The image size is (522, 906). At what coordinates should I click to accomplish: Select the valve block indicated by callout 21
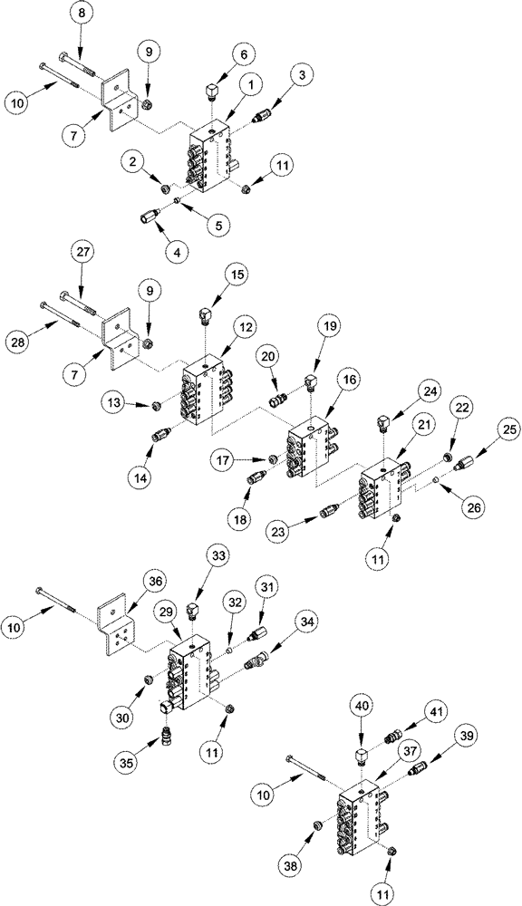click(x=381, y=488)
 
